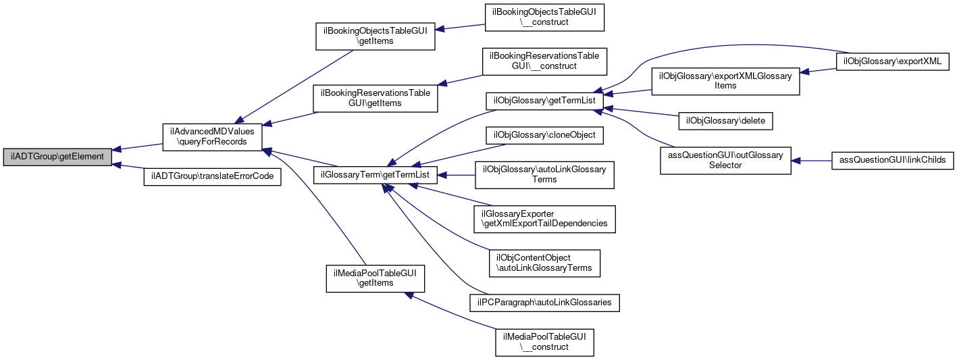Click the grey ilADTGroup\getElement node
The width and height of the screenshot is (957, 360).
(57, 156)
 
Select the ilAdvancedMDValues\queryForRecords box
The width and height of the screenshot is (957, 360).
(212, 137)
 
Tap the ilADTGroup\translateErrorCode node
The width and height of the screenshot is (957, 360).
(212, 176)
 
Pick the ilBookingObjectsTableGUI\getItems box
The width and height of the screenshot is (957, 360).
(375, 36)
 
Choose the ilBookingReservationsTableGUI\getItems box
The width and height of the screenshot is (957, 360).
(375, 98)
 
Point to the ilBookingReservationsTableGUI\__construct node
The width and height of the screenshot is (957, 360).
(544, 61)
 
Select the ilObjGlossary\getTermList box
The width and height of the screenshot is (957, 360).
(544, 101)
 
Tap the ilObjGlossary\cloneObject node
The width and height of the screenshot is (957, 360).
(544, 135)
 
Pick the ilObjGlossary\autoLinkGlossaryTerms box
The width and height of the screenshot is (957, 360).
(544, 174)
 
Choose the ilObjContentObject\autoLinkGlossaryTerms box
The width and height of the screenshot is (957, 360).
(544, 263)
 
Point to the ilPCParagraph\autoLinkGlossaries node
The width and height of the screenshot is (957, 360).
(544, 302)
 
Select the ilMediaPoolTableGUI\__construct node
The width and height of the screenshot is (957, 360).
(544, 342)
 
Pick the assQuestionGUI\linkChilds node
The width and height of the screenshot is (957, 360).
(892, 161)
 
